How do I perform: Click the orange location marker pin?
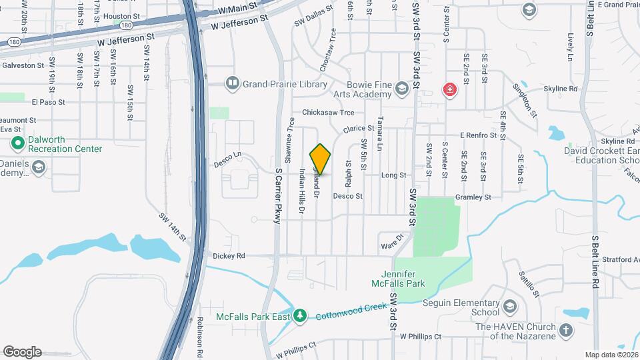[321, 159]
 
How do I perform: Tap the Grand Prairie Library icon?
[232, 83]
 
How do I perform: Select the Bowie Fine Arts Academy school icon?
[401, 88]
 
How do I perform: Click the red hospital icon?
[450, 89]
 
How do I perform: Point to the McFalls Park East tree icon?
[300, 315]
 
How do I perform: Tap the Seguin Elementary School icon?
[510, 307]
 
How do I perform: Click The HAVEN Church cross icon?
[565, 330]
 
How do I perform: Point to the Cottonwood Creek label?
[351, 311]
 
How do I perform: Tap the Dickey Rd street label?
[229, 255]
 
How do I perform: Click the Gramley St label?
[473, 197]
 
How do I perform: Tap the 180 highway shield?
[13, 43]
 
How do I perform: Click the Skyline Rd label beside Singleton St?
[560, 89]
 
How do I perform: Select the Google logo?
[22, 352]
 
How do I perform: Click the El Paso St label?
[48, 103]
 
